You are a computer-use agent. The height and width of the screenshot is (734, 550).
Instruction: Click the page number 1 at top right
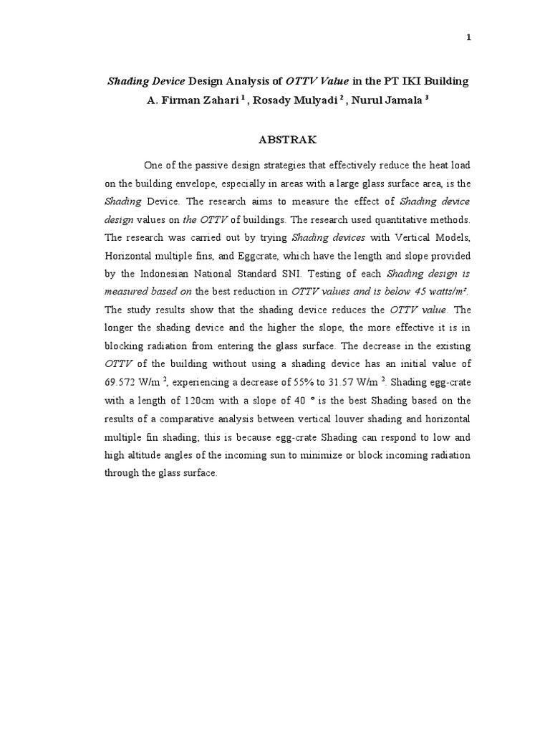[x=468, y=38]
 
